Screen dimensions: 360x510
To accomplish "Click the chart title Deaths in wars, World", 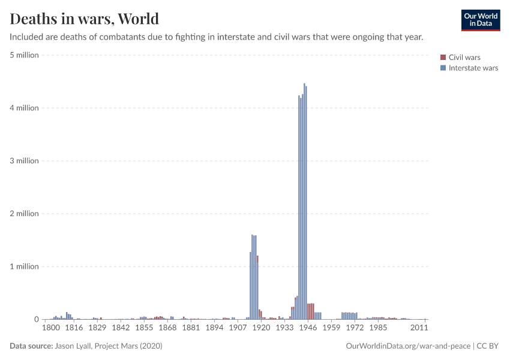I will tap(85, 19).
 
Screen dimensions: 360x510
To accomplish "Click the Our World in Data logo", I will tap(480, 20).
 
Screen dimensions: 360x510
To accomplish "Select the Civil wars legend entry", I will tap(464, 58).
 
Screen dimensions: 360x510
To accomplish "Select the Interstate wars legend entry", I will tap(473, 68).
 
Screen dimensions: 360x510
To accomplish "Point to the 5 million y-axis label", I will tap(25, 55).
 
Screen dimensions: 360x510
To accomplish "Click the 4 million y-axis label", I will tap(25, 108).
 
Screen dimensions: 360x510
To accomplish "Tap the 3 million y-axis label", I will tap(25, 161).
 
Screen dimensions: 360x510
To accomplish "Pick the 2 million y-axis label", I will tap(25, 214).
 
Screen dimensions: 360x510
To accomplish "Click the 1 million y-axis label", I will tap(25, 266).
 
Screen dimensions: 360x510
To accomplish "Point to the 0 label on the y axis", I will tap(36, 319).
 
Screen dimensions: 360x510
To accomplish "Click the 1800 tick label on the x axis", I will tap(51, 328).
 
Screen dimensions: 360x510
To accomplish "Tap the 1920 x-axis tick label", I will tap(262, 328).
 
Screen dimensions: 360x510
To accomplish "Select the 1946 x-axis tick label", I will tap(307, 328).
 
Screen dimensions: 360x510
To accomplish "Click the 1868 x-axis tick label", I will tap(167, 328).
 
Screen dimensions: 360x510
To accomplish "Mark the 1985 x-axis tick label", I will tap(378, 328).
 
